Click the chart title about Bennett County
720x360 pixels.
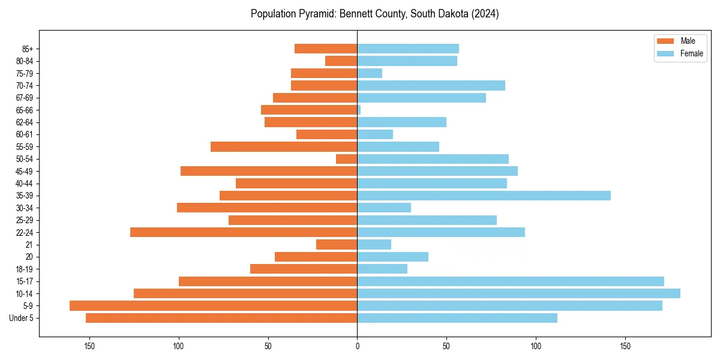pos(374,14)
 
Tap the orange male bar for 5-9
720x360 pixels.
pos(213,306)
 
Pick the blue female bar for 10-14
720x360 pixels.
pos(518,293)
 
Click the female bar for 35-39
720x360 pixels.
pos(484,196)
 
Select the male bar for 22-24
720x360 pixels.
pos(244,232)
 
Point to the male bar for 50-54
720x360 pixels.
pos(347,159)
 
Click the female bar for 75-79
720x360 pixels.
pos(370,73)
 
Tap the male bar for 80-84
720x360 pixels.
pos(341,61)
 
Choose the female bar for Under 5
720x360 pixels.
pos(457,318)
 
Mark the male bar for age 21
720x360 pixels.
pos(337,245)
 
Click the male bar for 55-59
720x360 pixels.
pos(284,147)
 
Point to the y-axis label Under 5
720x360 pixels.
pos(21,318)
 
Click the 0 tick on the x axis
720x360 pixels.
pos(357,346)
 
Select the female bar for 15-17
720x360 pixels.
pos(511,281)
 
